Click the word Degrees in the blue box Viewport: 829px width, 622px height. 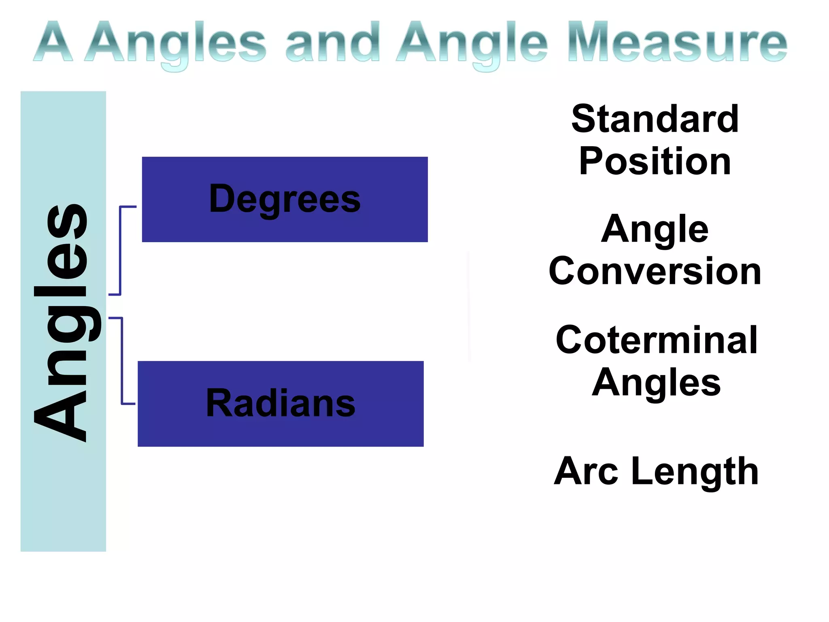[285, 199]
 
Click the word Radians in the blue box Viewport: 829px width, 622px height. [281, 403]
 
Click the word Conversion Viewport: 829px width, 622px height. [655, 271]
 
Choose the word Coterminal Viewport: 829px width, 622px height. [656, 340]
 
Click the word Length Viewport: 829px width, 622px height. [695, 472]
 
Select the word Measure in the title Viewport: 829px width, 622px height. [678, 43]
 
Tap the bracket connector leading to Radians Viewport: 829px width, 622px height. [121, 360]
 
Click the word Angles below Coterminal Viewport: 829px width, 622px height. [656, 383]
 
